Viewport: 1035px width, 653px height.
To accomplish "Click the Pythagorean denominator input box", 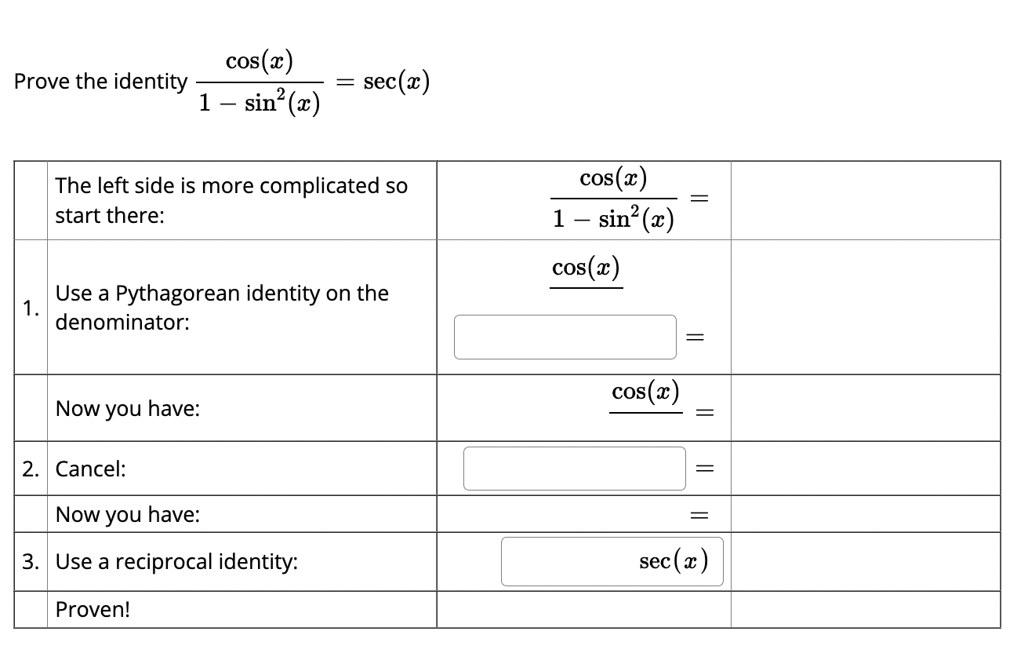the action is click(x=565, y=337).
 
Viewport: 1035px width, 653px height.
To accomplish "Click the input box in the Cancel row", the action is click(x=574, y=469).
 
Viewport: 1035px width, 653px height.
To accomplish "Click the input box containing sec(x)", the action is click(x=612, y=561).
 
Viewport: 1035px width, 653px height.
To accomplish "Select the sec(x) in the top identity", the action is click(x=397, y=81).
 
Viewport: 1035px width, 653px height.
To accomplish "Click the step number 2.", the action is click(x=29, y=469).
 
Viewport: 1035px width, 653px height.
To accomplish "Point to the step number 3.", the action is click(x=29, y=562).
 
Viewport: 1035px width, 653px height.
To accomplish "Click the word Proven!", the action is click(x=93, y=610).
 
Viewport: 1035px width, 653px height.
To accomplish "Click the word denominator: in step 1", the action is click(x=122, y=323).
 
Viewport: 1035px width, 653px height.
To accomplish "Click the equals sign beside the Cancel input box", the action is click(x=703, y=469).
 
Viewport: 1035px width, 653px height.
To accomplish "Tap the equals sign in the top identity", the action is click(x=345, y=82).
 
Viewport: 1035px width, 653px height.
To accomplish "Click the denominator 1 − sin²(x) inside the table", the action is click(x=612, y=219).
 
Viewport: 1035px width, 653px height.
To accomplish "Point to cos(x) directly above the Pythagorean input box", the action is click(x=586, y=268).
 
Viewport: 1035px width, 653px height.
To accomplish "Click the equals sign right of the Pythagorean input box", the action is click(x=694, y=337).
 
